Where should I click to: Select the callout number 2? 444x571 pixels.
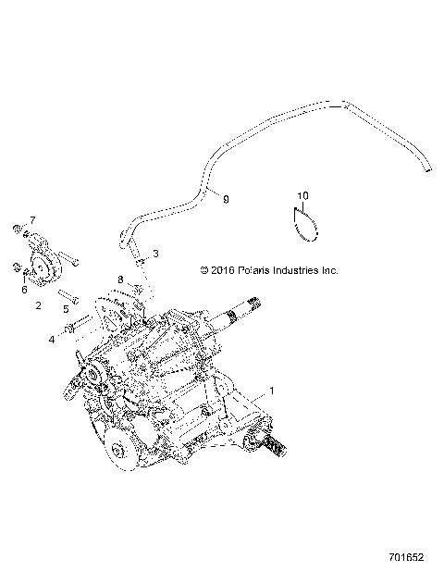pos(39,304)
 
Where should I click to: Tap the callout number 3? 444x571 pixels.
pos(156,253)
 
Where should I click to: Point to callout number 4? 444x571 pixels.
pos(52,340)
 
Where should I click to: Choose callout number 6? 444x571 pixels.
pos(24,289)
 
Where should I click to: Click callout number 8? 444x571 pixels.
pos(120,279)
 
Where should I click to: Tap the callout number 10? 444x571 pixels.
pos(302,195)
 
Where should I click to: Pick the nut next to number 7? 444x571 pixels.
pos(17,228)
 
